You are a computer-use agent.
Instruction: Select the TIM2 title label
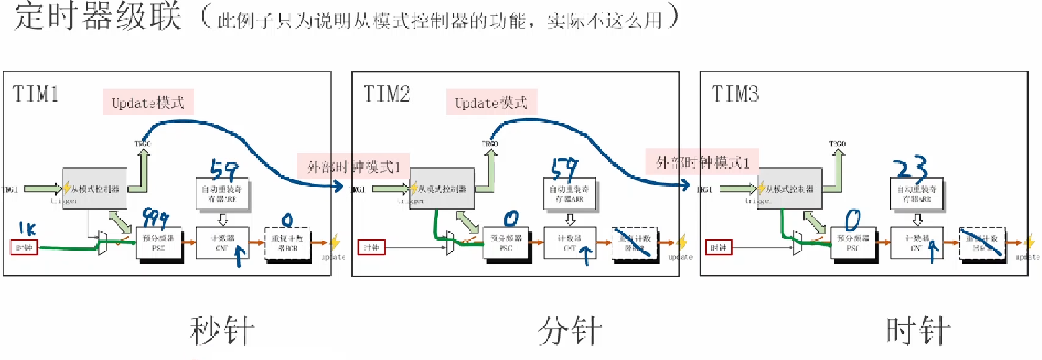click(386, 94)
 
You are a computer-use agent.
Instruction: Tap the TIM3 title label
click(736, 94)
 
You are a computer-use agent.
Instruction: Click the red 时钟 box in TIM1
click(25, 247)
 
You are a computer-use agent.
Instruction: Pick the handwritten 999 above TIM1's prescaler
click(155, 218)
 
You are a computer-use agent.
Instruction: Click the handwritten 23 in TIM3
click(910, 167)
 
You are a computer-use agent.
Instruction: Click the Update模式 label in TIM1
click(148, 103)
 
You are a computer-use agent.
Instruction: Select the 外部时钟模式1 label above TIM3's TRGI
click(703, 162)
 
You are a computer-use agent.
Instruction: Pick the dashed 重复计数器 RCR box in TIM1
click(289, 243)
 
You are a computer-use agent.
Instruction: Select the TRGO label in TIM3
click(837, 144)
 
